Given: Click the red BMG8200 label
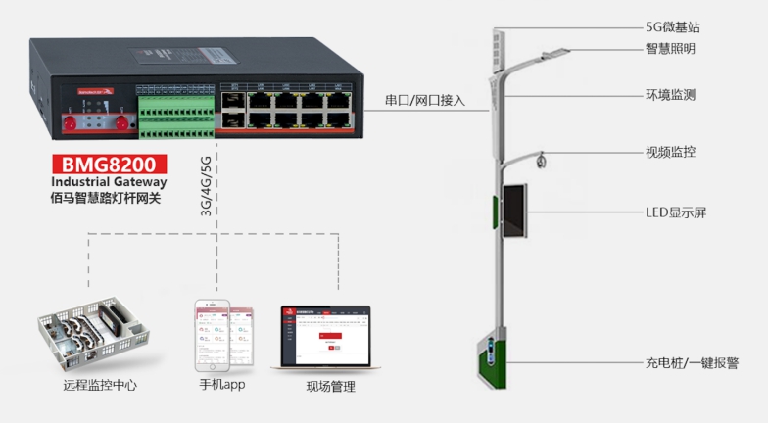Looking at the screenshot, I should point(108,164).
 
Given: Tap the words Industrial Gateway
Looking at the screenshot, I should point(108,181).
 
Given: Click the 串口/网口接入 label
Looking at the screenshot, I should point(426,100).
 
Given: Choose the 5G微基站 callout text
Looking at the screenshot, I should point(672,27).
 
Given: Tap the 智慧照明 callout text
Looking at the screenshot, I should point(671,48).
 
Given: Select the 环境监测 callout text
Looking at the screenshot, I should point(671,95).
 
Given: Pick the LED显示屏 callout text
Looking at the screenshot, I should point(675,212).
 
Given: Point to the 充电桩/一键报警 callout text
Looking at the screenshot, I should point(693,362).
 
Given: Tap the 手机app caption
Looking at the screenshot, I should point(221,385).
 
